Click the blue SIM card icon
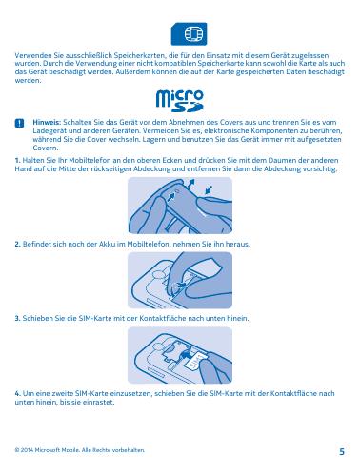coord(189,33)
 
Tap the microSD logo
coord(180,101)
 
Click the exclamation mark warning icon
coord(19,123)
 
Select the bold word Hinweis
coord(47,122)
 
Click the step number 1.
coord(17,160)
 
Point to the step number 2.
coord(18,245)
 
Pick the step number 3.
coord(18,318)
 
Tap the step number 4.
coord(18,393)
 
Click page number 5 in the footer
coord(342,451)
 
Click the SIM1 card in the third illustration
coord(196,362)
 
